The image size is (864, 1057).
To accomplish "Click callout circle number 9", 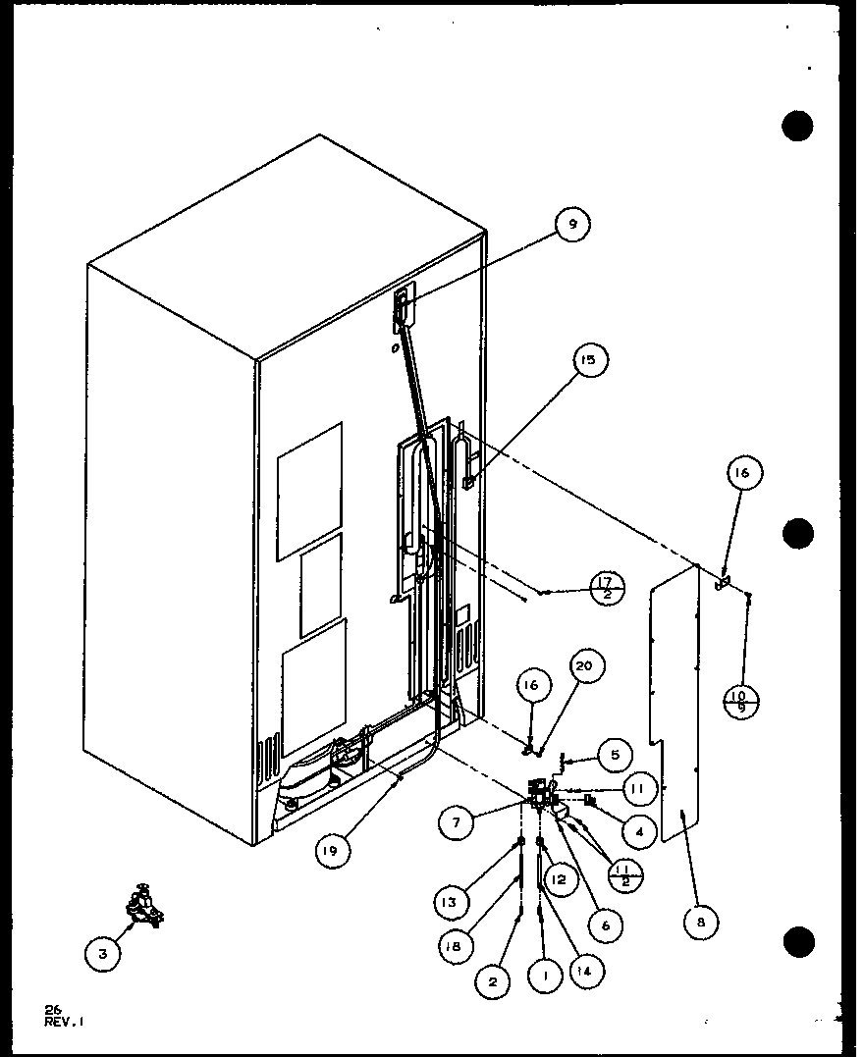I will click(572, 226).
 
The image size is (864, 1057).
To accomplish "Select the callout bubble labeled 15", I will click(588, 361).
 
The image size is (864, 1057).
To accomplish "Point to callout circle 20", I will click(585, 669).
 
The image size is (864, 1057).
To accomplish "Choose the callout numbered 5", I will click(615, 756).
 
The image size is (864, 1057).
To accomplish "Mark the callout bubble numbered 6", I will click(607, 925).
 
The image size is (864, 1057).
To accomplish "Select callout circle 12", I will click(558, 880).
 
